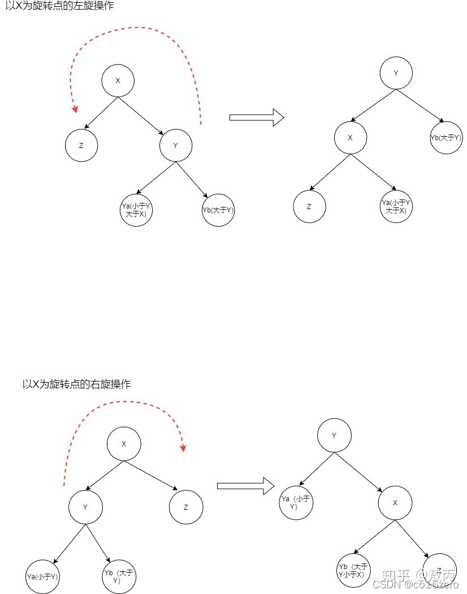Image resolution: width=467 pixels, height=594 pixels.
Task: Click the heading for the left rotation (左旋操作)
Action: point(63,7)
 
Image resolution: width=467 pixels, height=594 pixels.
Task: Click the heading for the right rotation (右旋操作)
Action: point(76,384)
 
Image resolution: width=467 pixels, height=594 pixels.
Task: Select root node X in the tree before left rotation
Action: point(118,81)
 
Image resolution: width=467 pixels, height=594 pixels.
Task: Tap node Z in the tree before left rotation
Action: point(81,145)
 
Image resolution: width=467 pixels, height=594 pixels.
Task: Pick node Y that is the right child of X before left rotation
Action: point(175,145)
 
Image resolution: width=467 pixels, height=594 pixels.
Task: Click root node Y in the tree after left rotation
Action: point(396,73)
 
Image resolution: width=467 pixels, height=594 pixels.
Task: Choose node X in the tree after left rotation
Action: point(351,137)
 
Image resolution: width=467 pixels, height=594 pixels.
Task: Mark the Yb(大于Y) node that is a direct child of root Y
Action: point(446,138)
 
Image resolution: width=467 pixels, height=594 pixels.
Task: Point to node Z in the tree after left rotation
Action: point(309,206)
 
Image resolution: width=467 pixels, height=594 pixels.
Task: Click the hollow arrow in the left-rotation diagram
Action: point(256,118)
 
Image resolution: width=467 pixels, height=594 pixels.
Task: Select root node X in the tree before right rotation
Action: point(124,444)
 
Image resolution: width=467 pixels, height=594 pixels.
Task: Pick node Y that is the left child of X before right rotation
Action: point(85,507)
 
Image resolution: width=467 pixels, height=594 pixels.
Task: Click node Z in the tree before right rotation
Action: point(186,507)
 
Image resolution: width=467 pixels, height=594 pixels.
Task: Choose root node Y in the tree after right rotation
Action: point(334,436)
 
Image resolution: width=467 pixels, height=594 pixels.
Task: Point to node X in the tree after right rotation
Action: point(395,502)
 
